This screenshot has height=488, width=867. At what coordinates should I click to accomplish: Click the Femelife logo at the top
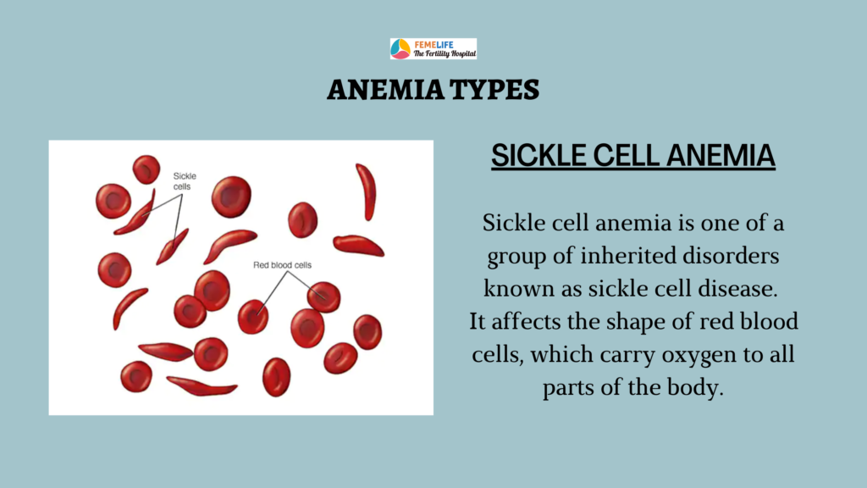click(433, 48)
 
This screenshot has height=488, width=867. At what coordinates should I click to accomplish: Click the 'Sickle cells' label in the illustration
click(185, 181)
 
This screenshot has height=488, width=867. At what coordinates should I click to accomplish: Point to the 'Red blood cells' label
click(282, 265)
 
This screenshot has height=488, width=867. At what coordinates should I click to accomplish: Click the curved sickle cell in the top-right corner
click(366, 191)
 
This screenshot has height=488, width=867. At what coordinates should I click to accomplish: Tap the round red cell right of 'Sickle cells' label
click(231, 196)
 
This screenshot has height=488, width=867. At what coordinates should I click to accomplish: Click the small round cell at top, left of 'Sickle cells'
click(146, 169)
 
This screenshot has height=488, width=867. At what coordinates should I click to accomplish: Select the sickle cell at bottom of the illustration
click(202, 386)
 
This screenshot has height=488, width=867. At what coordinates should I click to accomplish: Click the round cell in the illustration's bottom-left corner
click(136, 377)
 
